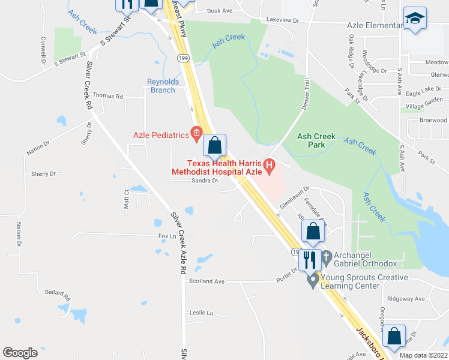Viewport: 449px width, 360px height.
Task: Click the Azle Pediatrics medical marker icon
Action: pyautogui.click(x=196, y=133)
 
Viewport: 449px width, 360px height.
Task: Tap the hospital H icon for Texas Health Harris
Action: pyautogui.click(x=270, y=164)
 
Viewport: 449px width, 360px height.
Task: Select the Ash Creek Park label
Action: pyautogui.click(x=316, y=140)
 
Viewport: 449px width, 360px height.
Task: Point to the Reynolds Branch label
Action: pyautogui.click(x=161, y=86)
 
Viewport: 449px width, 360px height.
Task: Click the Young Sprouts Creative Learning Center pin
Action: pyautogui.click(x=312, y=280)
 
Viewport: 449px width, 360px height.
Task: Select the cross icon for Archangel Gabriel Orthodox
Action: pyautogui.click(x=327, y=258)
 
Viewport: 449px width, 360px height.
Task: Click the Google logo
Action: pyautogui.click(x=20, y=353)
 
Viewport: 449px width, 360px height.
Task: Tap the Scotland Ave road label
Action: pyautogui.click(x=206, y=281)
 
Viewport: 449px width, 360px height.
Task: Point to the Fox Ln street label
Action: pyautogui.click(x=167, y=236)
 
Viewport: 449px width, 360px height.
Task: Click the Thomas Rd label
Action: pyautogui.click(x=107, y=96)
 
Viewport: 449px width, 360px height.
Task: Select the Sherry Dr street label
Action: pyautogui.click(x=43, y=173)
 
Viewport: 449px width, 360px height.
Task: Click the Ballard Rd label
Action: pyautogui.click(x=58, y=295)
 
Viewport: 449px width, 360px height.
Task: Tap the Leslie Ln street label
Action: pyautogui.click(x=201, y=313)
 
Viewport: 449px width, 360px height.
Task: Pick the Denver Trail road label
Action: pyautogui.click(x=304, y=95)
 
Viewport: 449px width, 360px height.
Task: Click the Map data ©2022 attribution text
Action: pyautogui.click(x=423, y=355)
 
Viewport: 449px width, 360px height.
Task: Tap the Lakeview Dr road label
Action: pyautogui.click(x=282, y=20)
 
